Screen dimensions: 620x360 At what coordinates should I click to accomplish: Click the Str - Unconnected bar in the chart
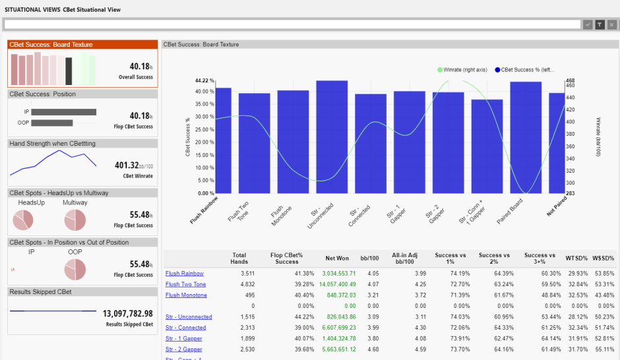(332, 136)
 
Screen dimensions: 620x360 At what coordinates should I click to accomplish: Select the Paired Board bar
(526, 138)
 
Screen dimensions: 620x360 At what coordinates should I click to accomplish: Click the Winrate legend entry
(462, 70)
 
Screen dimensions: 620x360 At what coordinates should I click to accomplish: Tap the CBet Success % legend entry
(524, 70)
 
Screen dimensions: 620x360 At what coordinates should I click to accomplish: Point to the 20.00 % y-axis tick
(204, 142)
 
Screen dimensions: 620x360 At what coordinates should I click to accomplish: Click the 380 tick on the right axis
(570, 134)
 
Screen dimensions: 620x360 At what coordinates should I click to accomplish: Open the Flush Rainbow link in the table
(184, 274)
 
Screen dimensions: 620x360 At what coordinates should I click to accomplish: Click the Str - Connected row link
(185, 328)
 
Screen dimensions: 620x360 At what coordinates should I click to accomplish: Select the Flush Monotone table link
(186, 295)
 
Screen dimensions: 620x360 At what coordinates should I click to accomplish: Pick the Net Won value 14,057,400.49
(337, 284)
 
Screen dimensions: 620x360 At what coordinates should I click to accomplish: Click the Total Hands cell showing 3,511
(247, 274)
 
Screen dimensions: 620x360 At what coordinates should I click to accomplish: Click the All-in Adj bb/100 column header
(404, 258)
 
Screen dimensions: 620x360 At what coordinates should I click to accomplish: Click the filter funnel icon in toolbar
(600, 24)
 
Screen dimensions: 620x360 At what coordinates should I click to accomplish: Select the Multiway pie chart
(75, 220)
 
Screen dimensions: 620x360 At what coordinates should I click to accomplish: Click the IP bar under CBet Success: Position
(64, 112)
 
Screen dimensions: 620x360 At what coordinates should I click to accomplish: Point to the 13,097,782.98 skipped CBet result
(128, 313)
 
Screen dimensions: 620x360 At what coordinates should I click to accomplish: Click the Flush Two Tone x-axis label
(239, 212)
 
